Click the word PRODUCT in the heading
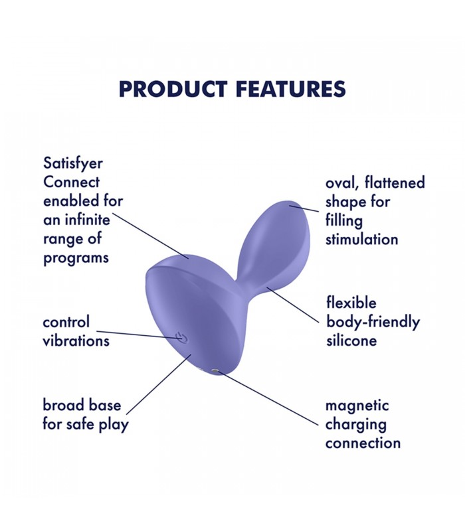click(x=173, y=89)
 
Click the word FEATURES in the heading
click(x=290, y=89)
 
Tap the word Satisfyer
click(x=73, y=164)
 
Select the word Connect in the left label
click(x=72, y=182)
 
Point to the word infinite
click(x=87, y=220)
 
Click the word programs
click(x=76, y=258)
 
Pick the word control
click(x=66, y=322)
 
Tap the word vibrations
click(x=76, y=341)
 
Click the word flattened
click(x=395, y=183)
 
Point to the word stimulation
click(x=362, y=240)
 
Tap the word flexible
click(x=351, y=303)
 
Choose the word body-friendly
click(x=373, y=322)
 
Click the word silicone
click(x=352, y=341)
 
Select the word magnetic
click(x=357, y=406)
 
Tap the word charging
click(x=356, y=424)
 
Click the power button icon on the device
click(x=180, y=337)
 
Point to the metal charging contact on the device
click(x=214, y=372)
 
